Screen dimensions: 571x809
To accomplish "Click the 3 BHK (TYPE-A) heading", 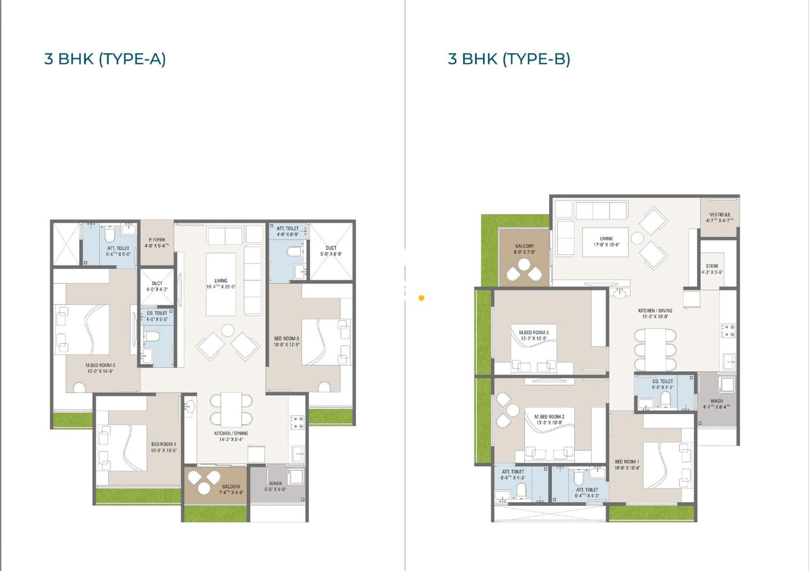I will point(105,59).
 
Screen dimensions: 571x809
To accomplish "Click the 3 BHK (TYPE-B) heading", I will point(509,59).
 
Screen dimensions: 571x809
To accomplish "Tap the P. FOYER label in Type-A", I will point(157,243).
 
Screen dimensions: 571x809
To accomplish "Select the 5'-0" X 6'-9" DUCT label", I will point(331,251).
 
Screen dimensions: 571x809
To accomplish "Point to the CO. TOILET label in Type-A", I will point(157,316).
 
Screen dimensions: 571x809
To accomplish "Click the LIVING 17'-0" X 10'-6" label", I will point(606,241).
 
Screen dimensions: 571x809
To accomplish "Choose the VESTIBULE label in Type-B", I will point(720,217).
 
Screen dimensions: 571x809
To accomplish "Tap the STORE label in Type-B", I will point(712,269).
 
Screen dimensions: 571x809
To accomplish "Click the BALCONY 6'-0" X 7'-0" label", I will point(524,249).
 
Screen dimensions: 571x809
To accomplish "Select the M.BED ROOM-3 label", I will point(533,335).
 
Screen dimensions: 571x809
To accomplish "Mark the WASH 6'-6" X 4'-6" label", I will point(275,486).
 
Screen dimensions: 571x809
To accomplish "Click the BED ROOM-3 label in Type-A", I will point(287,341).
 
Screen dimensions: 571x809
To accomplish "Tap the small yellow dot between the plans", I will point(421,298).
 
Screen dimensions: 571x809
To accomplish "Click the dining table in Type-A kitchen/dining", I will point(231,410).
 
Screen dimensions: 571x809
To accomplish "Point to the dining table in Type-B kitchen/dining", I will point(655,349).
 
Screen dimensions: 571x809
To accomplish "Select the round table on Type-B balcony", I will point(524,265).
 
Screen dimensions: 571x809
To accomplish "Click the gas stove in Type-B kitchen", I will point(728,331).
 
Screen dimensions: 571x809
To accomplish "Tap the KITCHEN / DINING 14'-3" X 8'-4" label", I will point(231,436).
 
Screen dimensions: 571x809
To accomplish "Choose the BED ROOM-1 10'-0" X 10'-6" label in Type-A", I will point(163,447).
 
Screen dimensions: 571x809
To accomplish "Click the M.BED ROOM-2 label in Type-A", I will point(100,368).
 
